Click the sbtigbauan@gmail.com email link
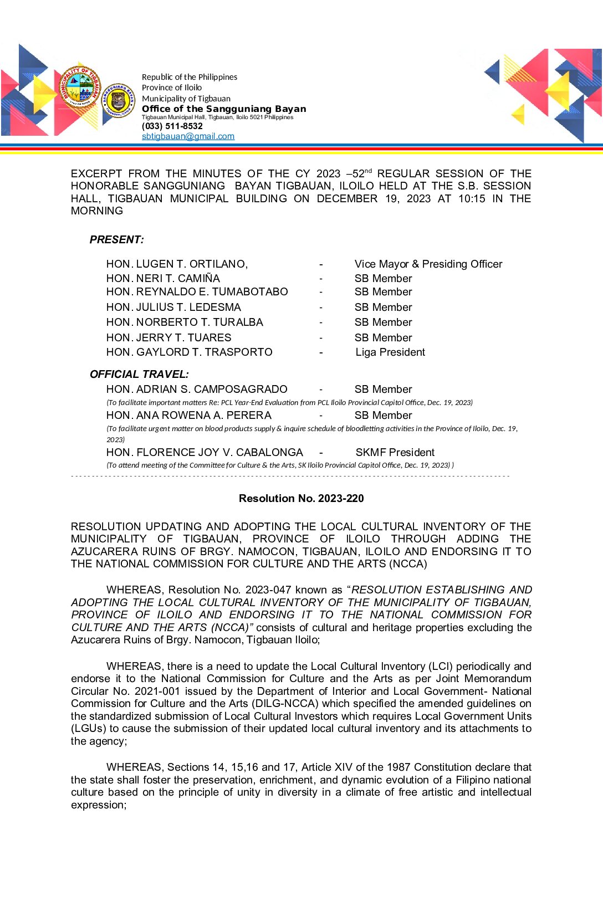pyautogui.click(x=188, y=136)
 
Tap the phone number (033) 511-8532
pyautogui.click(x=172, y=126)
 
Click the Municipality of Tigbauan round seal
pyautogui.click(x=80, y=89)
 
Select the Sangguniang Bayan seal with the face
pyautogui.click(x=118, y=101)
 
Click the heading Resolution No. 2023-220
pyautogui.click(x=301, y=498)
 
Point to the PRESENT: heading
pyautogui.click(x=116, y=239)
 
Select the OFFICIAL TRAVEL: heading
pyautogui.click(x=139, y=374)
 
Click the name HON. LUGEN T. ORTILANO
pyautogui.click(x=177, y=264)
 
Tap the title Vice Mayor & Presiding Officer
pyautogui.click(x=428, y=264)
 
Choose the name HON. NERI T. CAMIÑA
pyautogui.click(x=163, y=278)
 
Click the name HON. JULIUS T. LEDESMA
pyautogui.click(x=173, y=307)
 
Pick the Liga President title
pyautogui.click(x=390, y=352)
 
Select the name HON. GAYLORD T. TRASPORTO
pyautogui.click(x=189, y=352)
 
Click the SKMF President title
pyautogui.click(x=395, y=452)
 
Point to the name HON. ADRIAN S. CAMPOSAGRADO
pyautogui.click(x=197, y=389)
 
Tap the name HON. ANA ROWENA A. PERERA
pyautogui.click(x=188, y=415)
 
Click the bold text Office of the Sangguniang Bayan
pyautogui.click(x=224, y=109)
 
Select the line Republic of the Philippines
pyautogui.click(x=189, y=77)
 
